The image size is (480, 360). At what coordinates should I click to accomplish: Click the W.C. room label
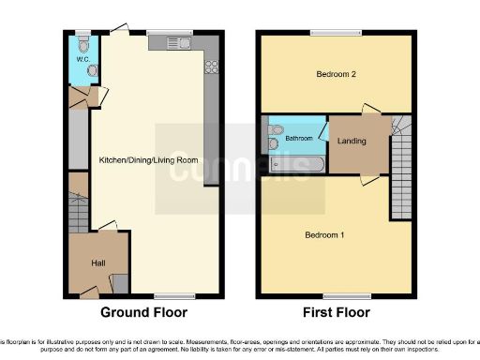click(82, 61)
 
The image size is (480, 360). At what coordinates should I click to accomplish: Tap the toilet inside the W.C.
click(84, 43)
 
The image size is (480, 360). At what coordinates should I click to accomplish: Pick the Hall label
click(97, 263)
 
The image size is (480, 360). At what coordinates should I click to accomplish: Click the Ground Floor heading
click(143, 313)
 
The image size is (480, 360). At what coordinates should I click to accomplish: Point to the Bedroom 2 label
click(335, 74)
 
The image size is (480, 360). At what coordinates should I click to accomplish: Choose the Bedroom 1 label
click(323, 234)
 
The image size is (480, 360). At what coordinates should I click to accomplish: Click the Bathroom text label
click(299, 138)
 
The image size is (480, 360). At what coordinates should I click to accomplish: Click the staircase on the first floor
click(401, 159)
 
